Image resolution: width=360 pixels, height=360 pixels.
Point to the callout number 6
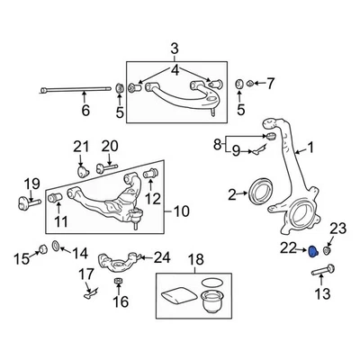[85, 111]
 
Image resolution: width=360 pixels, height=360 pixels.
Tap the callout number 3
[175, 48]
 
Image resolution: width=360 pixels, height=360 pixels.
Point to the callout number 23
[337, 228]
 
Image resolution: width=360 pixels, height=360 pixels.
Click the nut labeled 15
[42, 249]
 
